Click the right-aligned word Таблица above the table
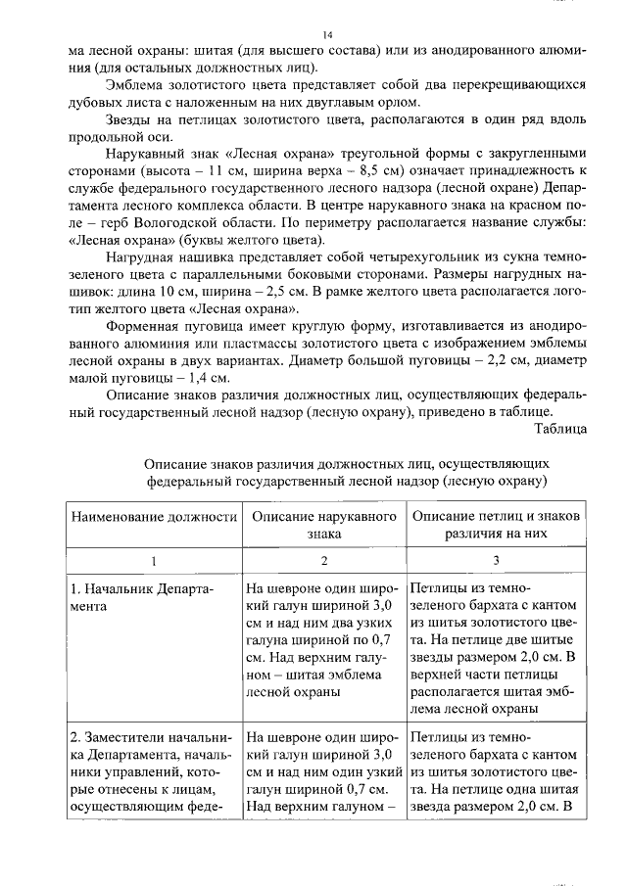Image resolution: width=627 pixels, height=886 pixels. point(560,427)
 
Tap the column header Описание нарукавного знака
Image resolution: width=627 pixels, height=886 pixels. point(325,526)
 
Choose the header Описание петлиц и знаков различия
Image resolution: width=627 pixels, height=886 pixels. point(496,526)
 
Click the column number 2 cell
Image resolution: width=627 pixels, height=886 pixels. point(325,561)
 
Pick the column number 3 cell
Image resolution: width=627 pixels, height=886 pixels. point(496,561)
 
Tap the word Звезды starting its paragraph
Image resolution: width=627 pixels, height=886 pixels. point(130,118)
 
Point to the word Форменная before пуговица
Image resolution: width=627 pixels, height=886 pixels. point(143,325)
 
